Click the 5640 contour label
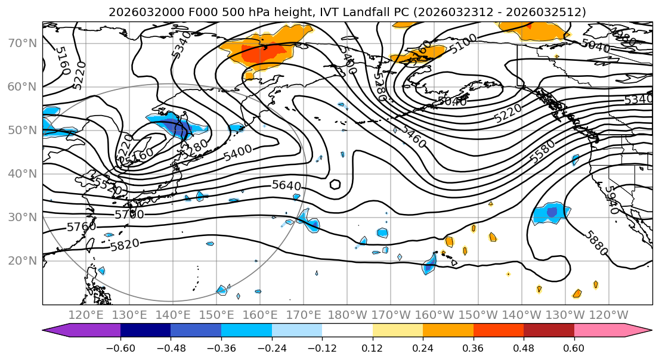[286, 185]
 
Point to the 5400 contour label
[238, 153]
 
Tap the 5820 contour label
[125, 244]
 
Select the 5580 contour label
[542, 151]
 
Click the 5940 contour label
[611, 197]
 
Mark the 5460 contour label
[413, 137]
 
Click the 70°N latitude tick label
[22, 43]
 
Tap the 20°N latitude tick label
[22, 260]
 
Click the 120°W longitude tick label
[608, 315]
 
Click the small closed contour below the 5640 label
[335, 184]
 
